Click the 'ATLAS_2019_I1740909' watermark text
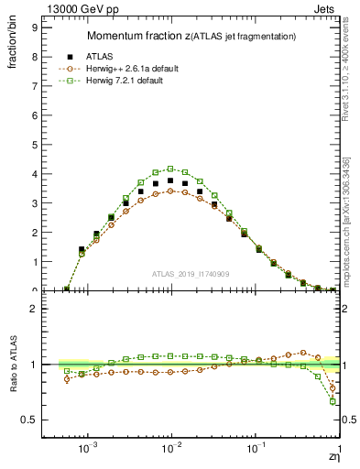[191, 274]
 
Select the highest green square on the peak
[170, 169]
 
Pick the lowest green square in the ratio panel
[333, 402]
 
